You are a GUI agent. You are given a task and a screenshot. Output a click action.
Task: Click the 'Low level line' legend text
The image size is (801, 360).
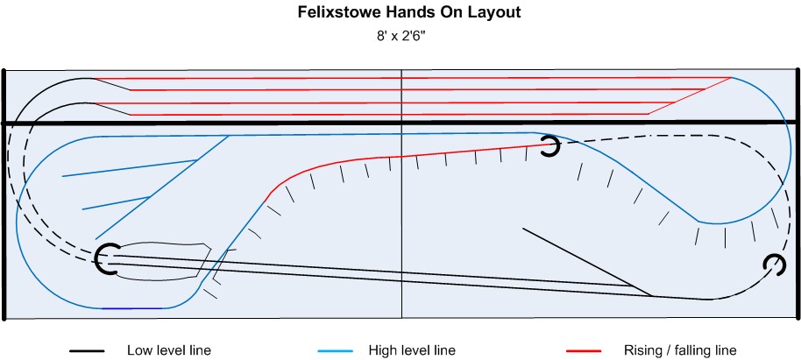click(169, 350)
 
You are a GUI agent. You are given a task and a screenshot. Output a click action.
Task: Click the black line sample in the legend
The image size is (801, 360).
click(88, 351)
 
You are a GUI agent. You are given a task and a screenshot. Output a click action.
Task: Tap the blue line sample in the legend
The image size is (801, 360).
click(337, 351)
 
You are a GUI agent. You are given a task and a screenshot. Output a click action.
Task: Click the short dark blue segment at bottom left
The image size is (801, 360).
click(132, 308)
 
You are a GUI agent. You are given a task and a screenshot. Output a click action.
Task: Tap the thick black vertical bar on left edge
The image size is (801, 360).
click(4, 193)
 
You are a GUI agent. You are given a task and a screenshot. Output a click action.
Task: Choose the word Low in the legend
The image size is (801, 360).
click(139, 350)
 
